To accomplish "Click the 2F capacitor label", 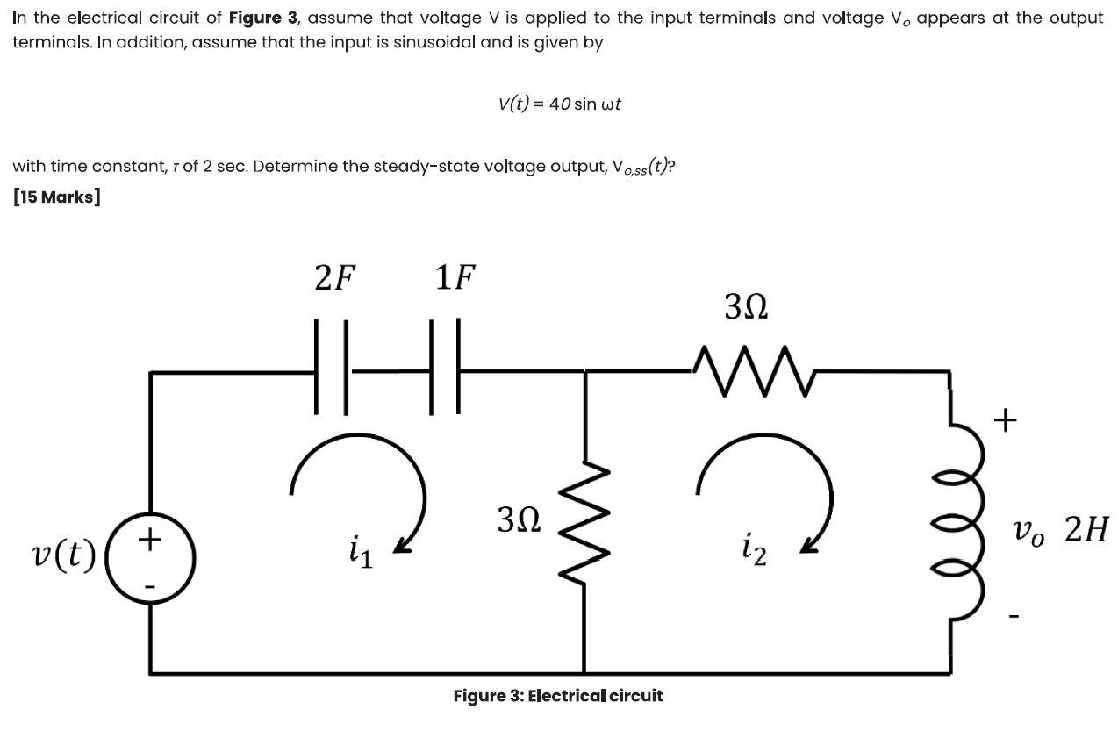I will coord(335,278).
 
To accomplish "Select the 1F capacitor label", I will coord(455,278).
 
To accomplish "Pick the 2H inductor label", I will coord(1086,530).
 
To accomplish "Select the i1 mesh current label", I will coord(360,554).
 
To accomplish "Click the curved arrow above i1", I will coord(360,483).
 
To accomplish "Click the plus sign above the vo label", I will coord(1006,421).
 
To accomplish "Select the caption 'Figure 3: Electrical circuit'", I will coord(558,696).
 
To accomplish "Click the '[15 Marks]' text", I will coord(57,197).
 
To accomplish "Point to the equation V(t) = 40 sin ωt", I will coord(559,104).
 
